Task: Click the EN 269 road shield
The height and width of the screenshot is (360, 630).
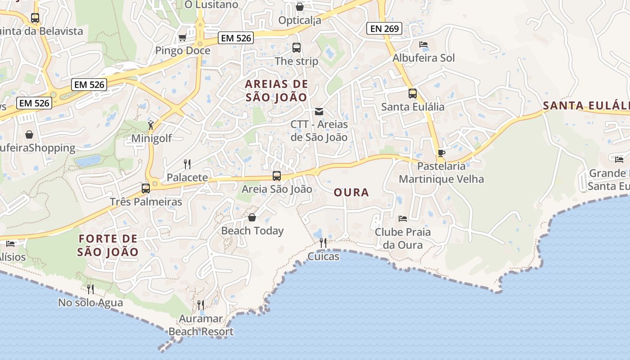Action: pos(384,28)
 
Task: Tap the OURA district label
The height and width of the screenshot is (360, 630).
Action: pos(351,193)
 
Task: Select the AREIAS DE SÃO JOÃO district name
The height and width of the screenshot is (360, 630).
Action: pos(276,90)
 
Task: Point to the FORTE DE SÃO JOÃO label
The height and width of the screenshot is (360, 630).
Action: pos(108,245)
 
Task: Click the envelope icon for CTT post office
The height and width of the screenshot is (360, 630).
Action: pos(319,111)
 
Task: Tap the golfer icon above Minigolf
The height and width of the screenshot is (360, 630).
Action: pos(151,125)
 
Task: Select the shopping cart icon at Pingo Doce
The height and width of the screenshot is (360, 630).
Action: pos(182,38)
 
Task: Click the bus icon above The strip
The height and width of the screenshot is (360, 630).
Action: pos(296,48)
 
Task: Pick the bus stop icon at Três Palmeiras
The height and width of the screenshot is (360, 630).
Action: pos(146,189)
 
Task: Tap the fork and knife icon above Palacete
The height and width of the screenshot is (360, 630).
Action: pos(187,164)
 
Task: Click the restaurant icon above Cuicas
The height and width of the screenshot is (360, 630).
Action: pos(323,243)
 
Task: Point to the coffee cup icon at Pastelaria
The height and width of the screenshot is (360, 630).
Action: pos(441,153)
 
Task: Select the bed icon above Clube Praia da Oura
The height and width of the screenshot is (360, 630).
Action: pos(403,219)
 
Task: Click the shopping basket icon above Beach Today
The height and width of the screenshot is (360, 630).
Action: pos(252,218)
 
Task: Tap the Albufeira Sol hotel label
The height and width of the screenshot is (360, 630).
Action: pos(423,58)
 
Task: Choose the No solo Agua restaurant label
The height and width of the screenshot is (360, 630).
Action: pos(90,303)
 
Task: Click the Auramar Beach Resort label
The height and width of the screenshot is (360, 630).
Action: pos(201,325)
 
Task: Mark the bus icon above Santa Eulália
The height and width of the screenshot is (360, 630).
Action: pos(413,94)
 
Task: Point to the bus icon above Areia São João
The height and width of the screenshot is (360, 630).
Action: pos(277,176)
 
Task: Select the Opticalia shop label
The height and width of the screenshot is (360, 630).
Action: pos(300,20)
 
